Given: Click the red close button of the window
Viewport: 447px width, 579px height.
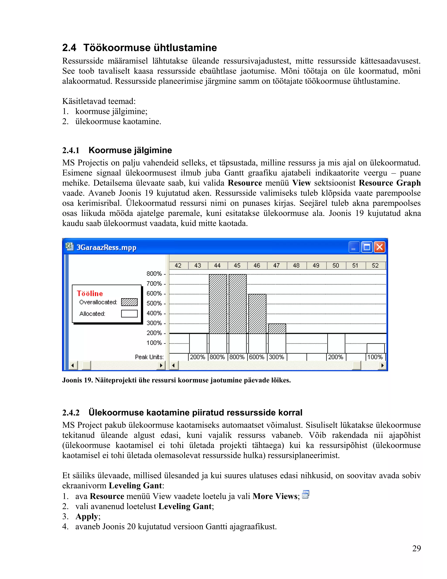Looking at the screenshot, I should (x=380, y=247).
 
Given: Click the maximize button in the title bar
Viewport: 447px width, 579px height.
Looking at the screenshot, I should (x=367, y=247).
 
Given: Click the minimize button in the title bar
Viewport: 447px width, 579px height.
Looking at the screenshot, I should (x=354, y=247).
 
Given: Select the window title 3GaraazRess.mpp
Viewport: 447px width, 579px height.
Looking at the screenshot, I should (x=106, y=247).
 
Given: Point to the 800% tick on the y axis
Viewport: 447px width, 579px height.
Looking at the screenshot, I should (x=154, y=274).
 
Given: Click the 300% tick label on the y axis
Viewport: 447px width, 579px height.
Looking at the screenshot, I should (x=154, y=323).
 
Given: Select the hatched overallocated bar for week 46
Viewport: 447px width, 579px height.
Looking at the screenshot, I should (x=257, y=314).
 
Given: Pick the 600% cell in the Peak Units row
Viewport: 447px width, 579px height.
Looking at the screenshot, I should (x=257, y=357).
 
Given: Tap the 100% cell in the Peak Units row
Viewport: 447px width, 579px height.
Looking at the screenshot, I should (x=375, y=357).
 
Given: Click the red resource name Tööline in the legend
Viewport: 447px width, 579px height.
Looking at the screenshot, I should (x=90, y=293).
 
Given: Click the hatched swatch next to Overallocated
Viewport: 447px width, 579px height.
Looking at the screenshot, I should (x=129, y=302).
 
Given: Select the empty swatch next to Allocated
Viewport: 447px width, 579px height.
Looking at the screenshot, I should (x=129, y=314).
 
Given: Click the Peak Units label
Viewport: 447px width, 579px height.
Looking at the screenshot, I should (x=149, y=357).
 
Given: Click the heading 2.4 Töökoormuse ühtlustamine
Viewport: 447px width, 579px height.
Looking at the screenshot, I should (x=139, y=48).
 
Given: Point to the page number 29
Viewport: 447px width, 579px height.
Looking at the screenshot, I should (x=416, y=548).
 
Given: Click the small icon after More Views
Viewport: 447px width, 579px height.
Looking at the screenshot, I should (x=306, y=494).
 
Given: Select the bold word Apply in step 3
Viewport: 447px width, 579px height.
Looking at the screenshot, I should (x=87, y=517).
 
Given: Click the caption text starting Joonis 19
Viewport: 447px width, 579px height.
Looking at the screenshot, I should (x=176, y=380).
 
